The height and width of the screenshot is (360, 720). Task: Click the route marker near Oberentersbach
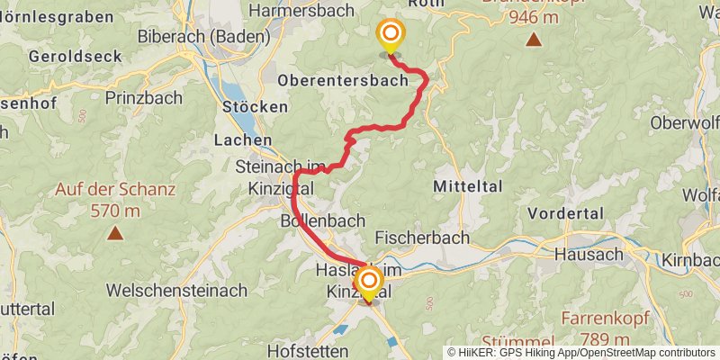tap(391, 36)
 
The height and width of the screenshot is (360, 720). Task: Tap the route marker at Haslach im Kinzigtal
tap(368, 283)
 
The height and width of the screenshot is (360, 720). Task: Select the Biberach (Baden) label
tap(204, 37)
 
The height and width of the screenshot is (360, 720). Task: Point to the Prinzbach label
tap(144, 97)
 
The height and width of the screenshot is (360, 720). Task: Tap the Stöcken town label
tap(255, 106)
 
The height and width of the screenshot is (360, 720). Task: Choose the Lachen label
tap(243, 140)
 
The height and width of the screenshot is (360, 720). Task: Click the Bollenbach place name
tap(322, 220)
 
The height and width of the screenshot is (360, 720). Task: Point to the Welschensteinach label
tap(177, 291)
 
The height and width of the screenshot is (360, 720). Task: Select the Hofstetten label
tap(309, 350)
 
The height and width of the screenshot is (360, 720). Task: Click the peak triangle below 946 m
tap(535, 40)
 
